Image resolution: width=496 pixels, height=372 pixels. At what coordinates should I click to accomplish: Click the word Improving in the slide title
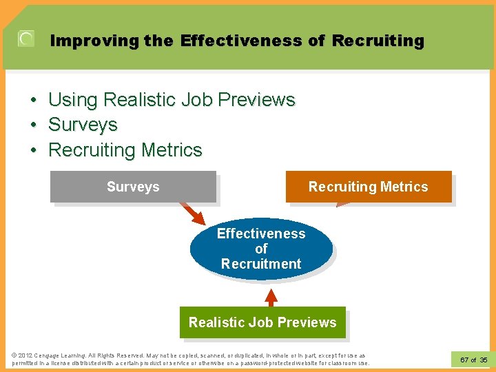click(x=95, y=41)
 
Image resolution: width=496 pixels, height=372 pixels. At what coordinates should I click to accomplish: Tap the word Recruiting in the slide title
click(x=378, y=41)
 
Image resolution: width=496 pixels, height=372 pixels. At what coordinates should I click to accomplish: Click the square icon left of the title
click(x=25, y=39)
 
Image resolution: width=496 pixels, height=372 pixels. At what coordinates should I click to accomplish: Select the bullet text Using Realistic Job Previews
click(x=172, y=100)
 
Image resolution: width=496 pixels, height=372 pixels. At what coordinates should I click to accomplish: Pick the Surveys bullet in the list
click(x=83, y=125)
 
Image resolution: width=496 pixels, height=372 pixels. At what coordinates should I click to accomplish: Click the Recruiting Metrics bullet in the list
click(x=125, y=149)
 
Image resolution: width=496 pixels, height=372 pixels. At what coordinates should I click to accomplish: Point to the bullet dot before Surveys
click(x=33, y=125)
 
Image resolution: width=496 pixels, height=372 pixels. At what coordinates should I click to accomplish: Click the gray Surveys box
click(x=133, y=187)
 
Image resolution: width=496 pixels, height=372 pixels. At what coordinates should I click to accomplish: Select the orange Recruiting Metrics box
click(x=369, y=187)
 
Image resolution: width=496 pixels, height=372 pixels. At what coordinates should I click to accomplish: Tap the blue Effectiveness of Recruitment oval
click(x=261, y=249)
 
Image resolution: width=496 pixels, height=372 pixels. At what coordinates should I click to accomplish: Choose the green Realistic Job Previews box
click(x=262, y=322)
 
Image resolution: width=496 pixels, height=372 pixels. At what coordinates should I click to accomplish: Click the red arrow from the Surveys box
click(x=192, y=212)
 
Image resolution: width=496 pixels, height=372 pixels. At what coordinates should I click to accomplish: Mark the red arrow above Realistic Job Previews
click(x=271, y=298)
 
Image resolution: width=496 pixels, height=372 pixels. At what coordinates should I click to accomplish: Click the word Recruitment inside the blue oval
click(x=261, y=264)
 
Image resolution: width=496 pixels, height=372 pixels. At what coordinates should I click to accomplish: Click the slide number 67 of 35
click(x=473, y=360)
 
